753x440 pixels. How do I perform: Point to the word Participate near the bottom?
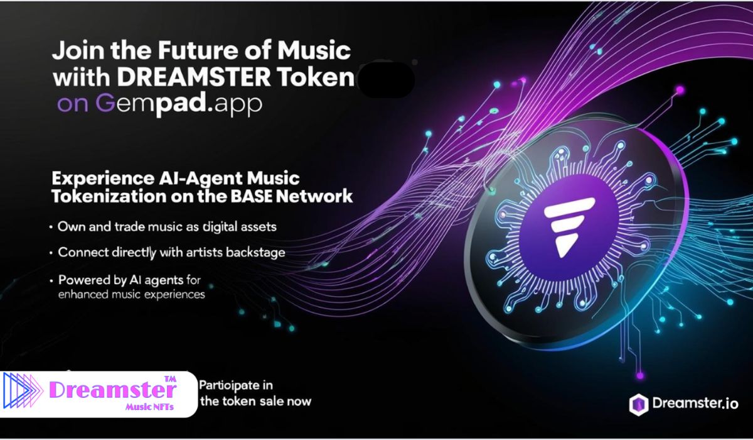click(235, 384)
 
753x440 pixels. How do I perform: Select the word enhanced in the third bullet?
click(85, 294)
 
